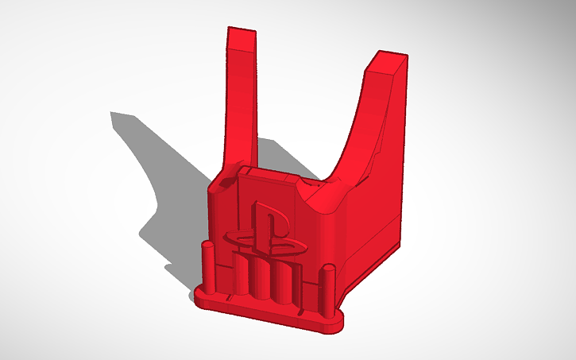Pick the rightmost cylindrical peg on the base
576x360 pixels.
coord(326,290)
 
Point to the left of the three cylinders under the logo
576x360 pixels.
coord(241,274)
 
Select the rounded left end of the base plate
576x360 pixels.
coord(199,296)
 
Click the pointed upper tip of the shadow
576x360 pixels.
coord(114,116)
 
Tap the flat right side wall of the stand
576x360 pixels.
coord(373,238)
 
